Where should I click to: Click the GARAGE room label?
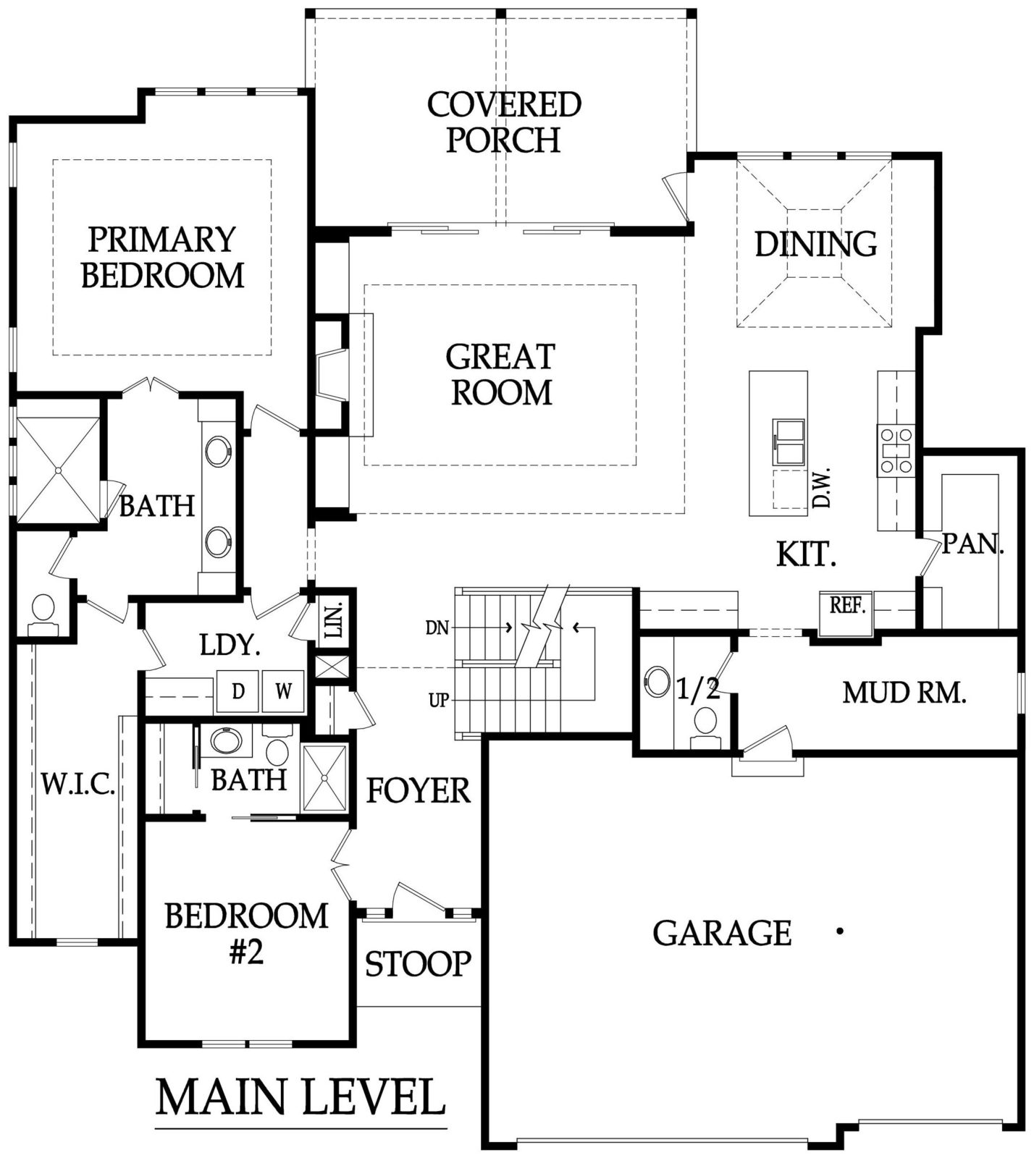click(x=722, y=933)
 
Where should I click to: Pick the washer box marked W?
click(x=284, y=691)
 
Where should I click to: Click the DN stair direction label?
click(x=437, y=627)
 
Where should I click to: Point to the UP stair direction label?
click(x=439, y=701)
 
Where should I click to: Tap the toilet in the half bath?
click(x=705, y=727)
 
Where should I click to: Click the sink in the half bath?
click(x=657, y=681)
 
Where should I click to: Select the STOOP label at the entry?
click(x=418, y=964)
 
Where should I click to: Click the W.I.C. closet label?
click(x=78, y=784)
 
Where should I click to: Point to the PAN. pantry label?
click(x=972, y=544)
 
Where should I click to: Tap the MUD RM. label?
click(x=904, y=693)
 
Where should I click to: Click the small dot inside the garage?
click(x=840, y=932)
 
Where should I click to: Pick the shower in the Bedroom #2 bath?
click(x=325, y=777)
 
